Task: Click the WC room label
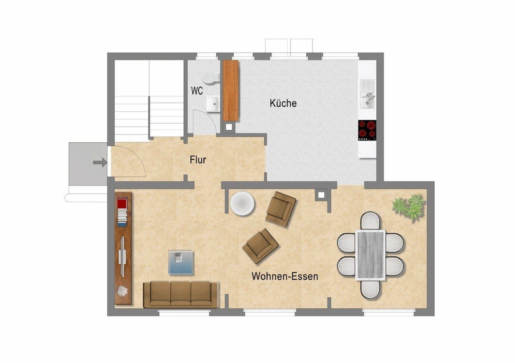[197, 91]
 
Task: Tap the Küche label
[283, 103]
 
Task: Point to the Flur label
[198, 160]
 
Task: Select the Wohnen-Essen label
[285, 276]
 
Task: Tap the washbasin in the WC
[213, 104]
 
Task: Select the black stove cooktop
[367, 130]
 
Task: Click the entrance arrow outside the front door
[100, 162]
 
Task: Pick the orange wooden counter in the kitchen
[231, 91]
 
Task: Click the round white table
[242, 203]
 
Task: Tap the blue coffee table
[181, 262]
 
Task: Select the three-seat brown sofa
[181, 295]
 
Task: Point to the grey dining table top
[370, 255]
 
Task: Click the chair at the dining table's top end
[370, 221]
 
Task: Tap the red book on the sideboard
[122, 203]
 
